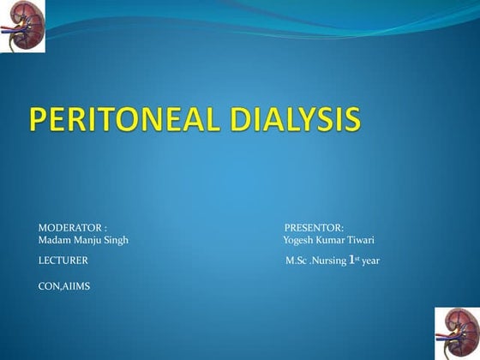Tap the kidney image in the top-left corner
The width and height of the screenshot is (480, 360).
pos(22,27)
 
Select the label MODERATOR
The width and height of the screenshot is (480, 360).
pos(70,227)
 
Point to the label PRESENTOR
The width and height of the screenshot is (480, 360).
pos(314,227)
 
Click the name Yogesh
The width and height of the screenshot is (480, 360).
pos(299,239)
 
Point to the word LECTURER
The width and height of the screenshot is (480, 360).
pos(63,259)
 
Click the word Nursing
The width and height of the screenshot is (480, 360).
pos(328,260)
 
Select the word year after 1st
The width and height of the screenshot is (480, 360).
pos(370,260)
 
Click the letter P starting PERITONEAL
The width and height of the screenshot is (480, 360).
pos(40,120)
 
